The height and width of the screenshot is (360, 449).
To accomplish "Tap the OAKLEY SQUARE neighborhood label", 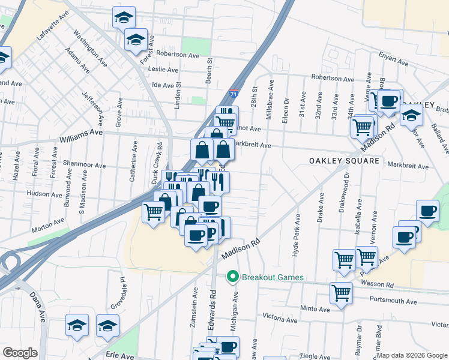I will (x=344, y=161).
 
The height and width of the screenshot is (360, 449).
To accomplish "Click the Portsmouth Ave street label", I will (x=393, y=301).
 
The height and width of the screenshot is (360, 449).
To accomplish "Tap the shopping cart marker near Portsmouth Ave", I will (x=342, y=294).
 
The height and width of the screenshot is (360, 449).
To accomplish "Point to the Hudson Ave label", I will (x=42, y=194).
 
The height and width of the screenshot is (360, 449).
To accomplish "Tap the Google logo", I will (x=20, y=353).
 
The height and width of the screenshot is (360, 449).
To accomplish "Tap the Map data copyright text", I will (x=412, y=355).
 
